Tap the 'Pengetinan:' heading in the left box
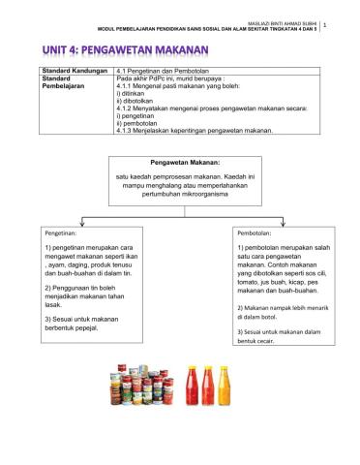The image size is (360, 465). pyautogui.click(x=67, y=233)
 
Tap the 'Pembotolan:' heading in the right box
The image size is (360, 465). pyautogui.click(x=256, y=233)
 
